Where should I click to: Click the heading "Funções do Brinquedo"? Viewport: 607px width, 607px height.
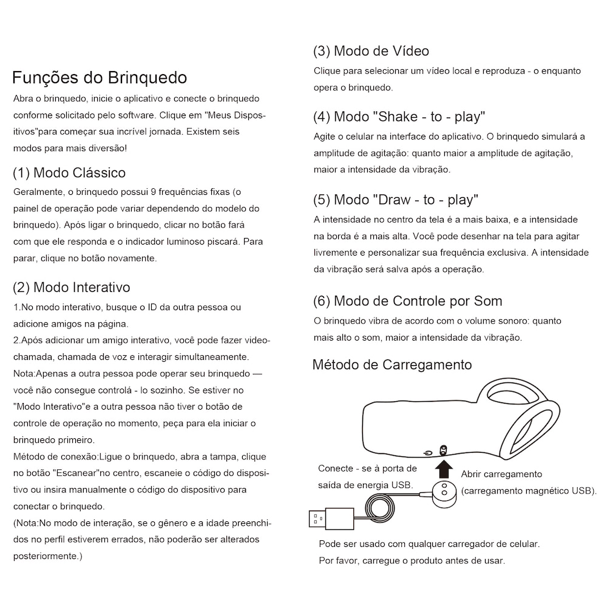coord(100,78)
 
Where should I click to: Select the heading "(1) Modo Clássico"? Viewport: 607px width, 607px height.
coord(69,173)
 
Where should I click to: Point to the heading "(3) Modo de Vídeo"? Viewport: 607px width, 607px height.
coord(371,51)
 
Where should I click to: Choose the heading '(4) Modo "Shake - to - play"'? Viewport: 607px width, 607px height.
coord(399,117)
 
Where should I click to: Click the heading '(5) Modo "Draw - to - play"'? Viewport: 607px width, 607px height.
coord(396,200)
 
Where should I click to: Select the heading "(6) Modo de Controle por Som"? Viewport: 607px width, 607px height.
coord(407,301)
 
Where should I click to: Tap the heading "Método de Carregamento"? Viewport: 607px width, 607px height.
coord(392,365)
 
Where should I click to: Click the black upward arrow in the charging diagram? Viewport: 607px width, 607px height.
coord(445,468)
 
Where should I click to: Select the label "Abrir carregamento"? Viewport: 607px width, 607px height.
coord(501,474)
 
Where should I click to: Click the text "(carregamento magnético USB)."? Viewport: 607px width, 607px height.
coord(529,490)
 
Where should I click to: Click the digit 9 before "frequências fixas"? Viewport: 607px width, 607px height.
coord(153,192)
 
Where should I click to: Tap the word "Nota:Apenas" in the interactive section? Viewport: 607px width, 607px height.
coord(40,373)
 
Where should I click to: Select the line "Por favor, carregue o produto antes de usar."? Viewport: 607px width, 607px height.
coord(412,560)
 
